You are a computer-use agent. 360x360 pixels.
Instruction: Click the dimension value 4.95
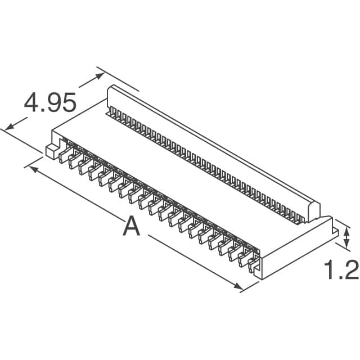click(49, 103)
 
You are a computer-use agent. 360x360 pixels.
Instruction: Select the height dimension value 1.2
click(341, 271)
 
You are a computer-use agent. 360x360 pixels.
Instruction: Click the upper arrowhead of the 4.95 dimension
click(101, 76)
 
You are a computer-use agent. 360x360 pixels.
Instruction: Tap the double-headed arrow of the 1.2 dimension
click(346, 237)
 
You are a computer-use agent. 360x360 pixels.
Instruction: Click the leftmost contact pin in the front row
click(62, 155)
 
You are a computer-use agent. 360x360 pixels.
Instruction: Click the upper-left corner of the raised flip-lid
click(111, 89)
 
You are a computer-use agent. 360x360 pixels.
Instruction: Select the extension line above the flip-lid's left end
click(118, 79)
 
